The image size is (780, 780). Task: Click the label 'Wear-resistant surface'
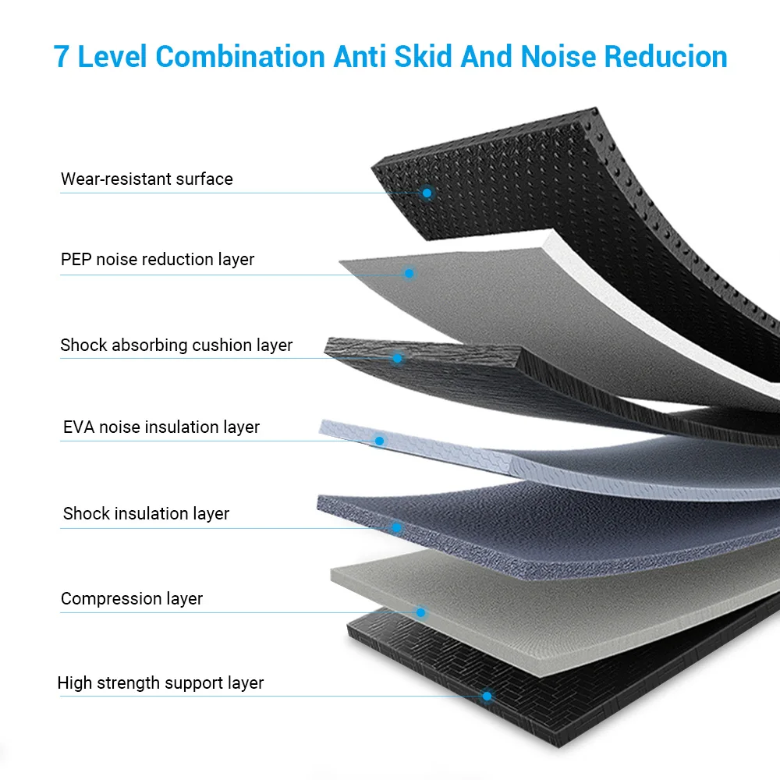(147, 179)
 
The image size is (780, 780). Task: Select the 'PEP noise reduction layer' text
(158, 260)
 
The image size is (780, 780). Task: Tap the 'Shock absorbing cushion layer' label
(176, 346)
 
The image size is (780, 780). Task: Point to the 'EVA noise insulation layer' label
(161, 427)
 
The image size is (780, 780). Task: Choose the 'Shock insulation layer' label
(146, 514)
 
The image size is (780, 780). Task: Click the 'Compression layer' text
(132, 599)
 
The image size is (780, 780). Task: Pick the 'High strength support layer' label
(161, 683)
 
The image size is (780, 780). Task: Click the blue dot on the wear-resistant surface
(427, 193)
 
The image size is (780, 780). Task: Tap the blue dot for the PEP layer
(409, 274)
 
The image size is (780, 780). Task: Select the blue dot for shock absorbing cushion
(397, 358)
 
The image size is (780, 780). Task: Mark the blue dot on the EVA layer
(380, 441)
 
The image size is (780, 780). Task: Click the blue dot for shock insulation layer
(396, 527)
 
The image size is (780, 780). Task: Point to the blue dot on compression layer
(420, 612)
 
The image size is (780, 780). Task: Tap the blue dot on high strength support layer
(487, 696)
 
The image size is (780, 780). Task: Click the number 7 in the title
(62, 57)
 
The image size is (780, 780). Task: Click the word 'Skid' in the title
(420, 57)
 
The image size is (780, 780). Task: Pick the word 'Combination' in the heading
(240, 57)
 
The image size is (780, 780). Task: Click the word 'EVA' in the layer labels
(79, 427)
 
